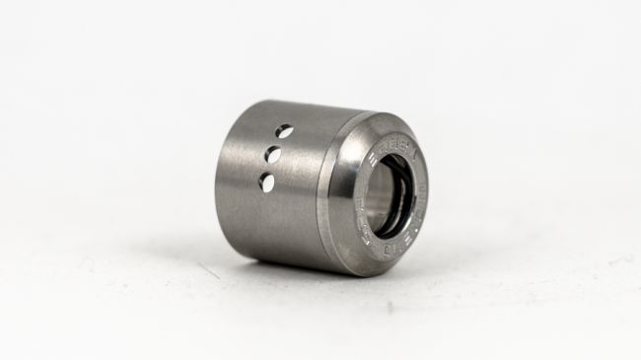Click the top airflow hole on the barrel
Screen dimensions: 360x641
pos(284,130)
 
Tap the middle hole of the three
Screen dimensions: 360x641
pos(274,155)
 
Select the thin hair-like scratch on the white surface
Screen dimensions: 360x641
pos(207,269)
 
